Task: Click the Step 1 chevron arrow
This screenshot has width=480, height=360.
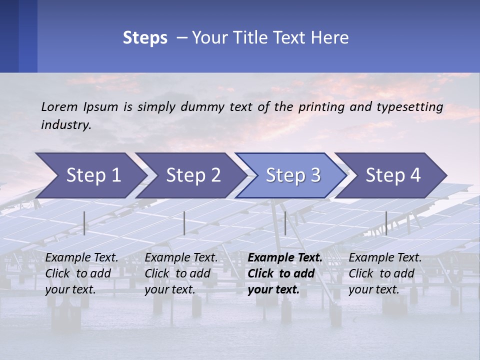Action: (93, 175)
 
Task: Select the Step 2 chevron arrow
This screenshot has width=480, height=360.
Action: (193, 175)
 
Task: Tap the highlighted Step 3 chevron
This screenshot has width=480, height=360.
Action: (293, 175)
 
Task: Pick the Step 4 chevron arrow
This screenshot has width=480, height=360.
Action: (393, 175)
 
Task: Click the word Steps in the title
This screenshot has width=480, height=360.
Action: (145, 37)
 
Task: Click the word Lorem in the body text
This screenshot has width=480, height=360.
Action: (59, 106)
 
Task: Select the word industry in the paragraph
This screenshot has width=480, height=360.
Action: (65, 125)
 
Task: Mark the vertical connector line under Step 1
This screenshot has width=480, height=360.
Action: (84, 223)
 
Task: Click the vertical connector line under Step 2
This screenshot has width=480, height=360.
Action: (184, 223)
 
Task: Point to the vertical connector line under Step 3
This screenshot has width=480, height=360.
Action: (285, 223)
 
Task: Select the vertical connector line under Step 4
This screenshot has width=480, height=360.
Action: (386, 223)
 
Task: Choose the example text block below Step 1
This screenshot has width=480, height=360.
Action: (81, 273)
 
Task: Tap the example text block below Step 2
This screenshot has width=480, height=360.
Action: (181, 273)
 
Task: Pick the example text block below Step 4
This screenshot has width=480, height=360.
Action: (385, 273)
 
